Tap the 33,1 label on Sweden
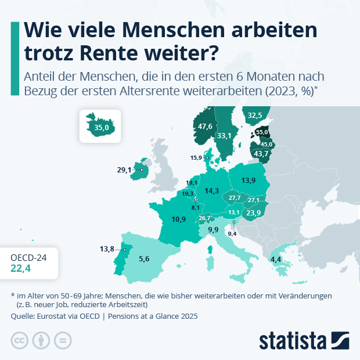[224, 136]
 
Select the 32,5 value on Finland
[255, 116]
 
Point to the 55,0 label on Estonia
[262, 132]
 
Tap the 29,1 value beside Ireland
[124, 170]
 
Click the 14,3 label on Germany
[212, 190]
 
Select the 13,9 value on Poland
[249, 181]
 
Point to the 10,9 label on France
[179, 219]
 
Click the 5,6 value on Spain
[145, 259]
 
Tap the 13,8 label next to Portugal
[107, 249]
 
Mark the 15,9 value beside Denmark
[196, 157]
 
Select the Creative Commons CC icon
[20, 340]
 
